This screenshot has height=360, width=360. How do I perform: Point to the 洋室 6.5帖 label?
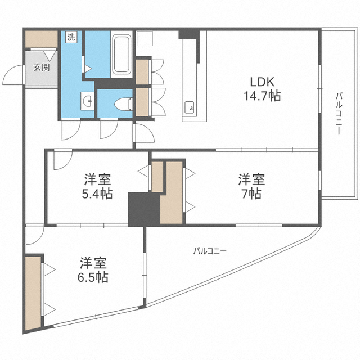tap(93, 269)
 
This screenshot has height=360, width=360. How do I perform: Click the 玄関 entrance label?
tap(40, 68)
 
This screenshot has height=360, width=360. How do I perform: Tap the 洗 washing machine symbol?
tap(71, 38)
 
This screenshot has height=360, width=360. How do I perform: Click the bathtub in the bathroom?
tap(122, 56)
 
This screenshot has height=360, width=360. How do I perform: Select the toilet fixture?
tap(123, 105)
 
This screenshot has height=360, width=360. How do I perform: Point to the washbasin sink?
tap(87, 102)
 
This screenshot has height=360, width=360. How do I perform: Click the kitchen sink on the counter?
tap(189, 107)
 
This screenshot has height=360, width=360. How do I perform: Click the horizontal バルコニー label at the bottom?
tap(209, 251)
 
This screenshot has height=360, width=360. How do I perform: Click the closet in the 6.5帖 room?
tap(33, 292)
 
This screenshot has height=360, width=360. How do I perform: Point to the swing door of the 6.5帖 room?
tap(32, 235)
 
